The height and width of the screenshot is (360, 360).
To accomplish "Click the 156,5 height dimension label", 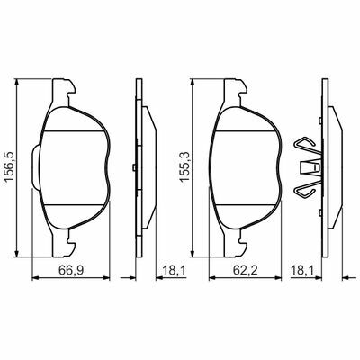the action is pos(10,167).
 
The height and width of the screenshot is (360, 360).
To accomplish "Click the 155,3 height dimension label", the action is pos(184,167).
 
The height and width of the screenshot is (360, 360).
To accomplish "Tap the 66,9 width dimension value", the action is pos(71,271).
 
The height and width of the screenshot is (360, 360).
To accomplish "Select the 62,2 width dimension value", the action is pos(246,271).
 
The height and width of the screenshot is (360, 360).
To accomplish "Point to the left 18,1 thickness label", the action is pos(175,271).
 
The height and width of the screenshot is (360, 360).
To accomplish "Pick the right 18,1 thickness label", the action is pos(301,271).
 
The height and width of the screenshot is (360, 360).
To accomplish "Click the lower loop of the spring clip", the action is pos(306,189).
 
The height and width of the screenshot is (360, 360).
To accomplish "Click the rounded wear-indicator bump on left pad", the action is pos(35,166).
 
